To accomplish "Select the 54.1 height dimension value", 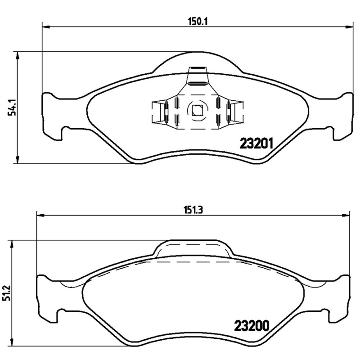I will coord(13,108).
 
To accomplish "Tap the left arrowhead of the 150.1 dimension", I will coord(45,27).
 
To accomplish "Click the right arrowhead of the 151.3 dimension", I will coord(348,216).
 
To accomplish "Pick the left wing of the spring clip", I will coord(158,111).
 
